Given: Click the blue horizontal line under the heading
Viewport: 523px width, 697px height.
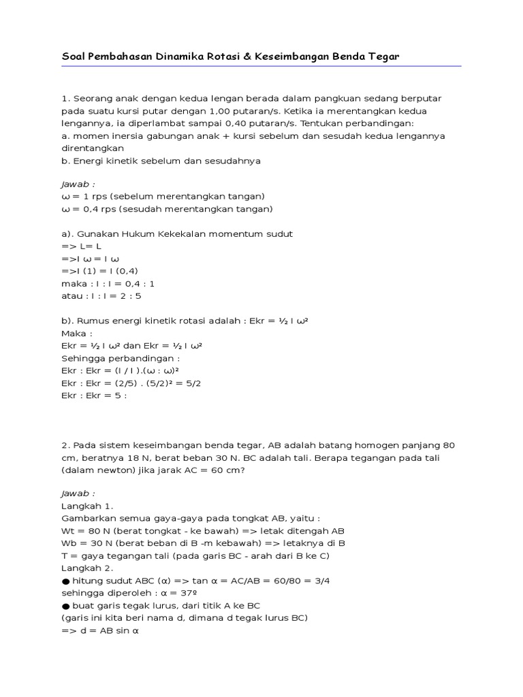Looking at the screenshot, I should [x=261, y=66].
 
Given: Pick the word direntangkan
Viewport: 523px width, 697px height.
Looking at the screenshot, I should [x=93, y=148].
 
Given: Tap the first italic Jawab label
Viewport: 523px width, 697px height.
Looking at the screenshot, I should [x=78, y=184].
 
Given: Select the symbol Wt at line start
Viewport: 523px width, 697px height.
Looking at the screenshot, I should [x=67, y=532].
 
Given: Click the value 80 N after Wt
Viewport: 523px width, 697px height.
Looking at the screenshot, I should [x=95, y=532].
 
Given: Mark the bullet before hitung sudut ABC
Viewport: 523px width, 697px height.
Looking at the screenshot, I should [x=65, y=581].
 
